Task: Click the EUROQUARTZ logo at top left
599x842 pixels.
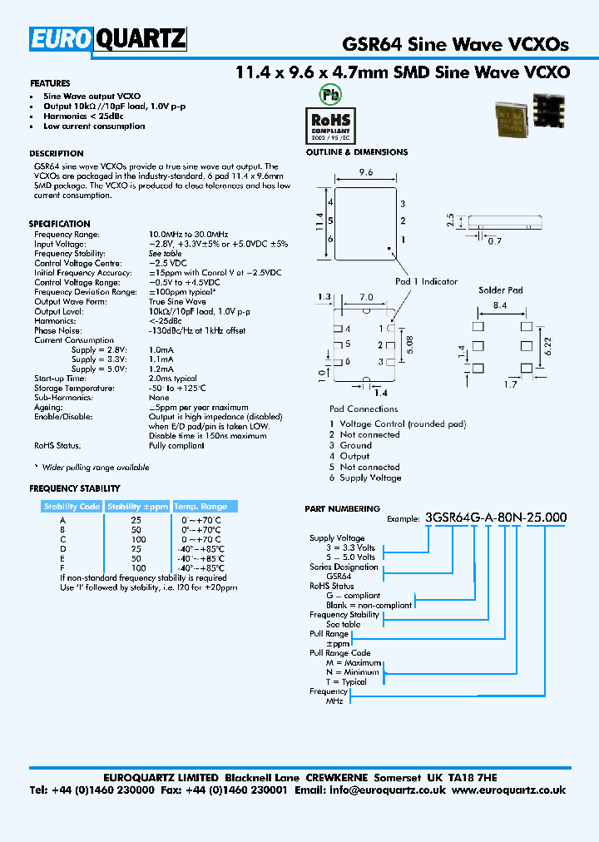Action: [x=108, y=39]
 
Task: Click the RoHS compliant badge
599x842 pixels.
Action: [x=330, y=124]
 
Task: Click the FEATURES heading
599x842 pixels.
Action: [x=50, y=83]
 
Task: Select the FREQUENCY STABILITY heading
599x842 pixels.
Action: [x=75, y=488]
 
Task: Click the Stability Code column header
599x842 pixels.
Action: [x=72, y=507]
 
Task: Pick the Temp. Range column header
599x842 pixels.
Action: [x=200, y=507]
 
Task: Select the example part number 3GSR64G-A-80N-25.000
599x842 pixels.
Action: [x=496, y=518]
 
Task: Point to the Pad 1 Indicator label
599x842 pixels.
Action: [x=426, y=281]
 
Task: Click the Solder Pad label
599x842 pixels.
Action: [x=500, y=290]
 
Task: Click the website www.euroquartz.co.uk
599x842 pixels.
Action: [x=509, y=790]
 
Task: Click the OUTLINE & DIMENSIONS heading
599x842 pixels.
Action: [x=357, y=152]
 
